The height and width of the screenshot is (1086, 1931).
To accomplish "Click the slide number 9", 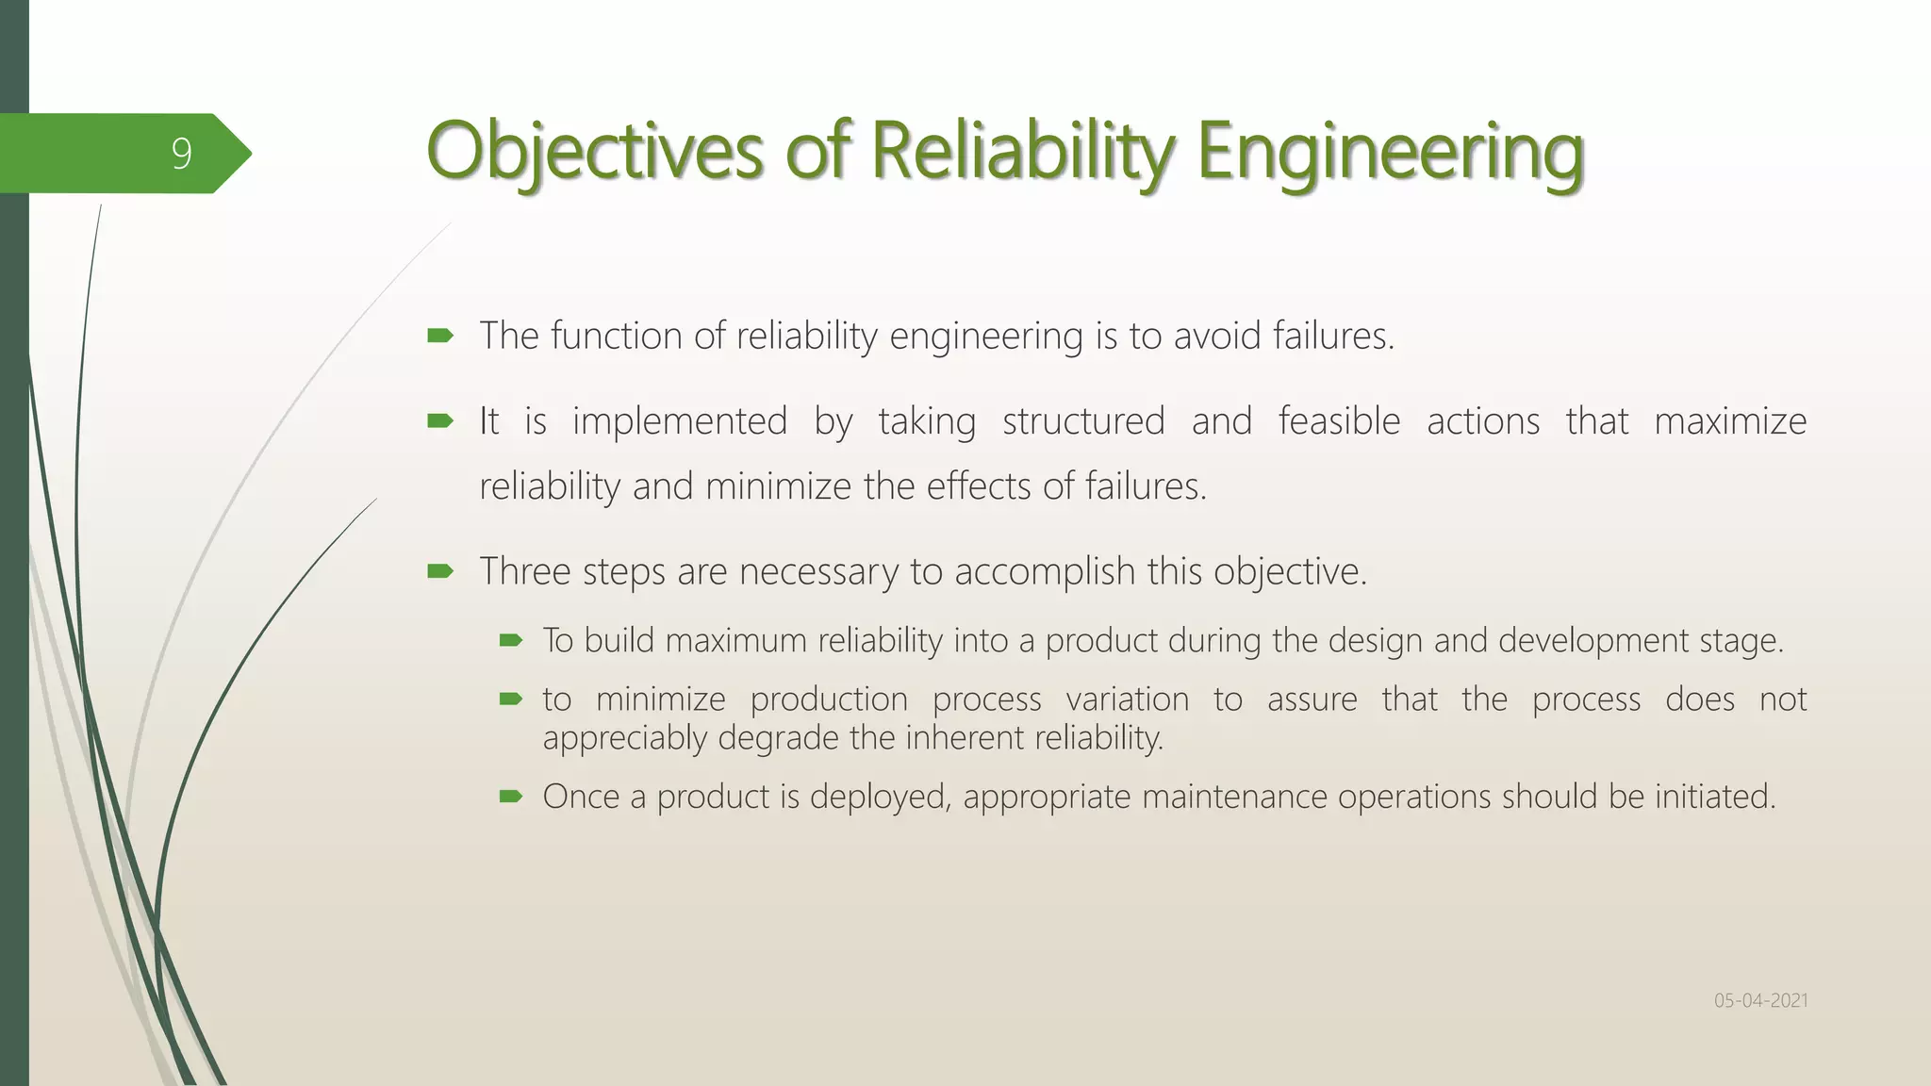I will [181, 154].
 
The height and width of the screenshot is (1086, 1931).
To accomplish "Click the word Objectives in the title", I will [594, 151].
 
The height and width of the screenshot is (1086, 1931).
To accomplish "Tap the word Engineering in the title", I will [1390, 151].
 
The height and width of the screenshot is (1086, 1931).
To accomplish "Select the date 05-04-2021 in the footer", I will [1760, 1000].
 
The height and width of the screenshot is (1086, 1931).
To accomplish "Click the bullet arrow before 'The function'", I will [440, 336].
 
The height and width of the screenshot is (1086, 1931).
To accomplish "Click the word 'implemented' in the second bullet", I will [679, 420].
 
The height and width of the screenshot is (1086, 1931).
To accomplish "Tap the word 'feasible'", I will [1339, 420].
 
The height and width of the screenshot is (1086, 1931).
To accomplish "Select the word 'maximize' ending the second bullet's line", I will [1730, 420].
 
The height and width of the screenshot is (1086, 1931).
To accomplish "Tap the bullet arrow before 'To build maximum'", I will [510, 641].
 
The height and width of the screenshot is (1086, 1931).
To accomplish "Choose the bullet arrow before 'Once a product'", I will [510, 797].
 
